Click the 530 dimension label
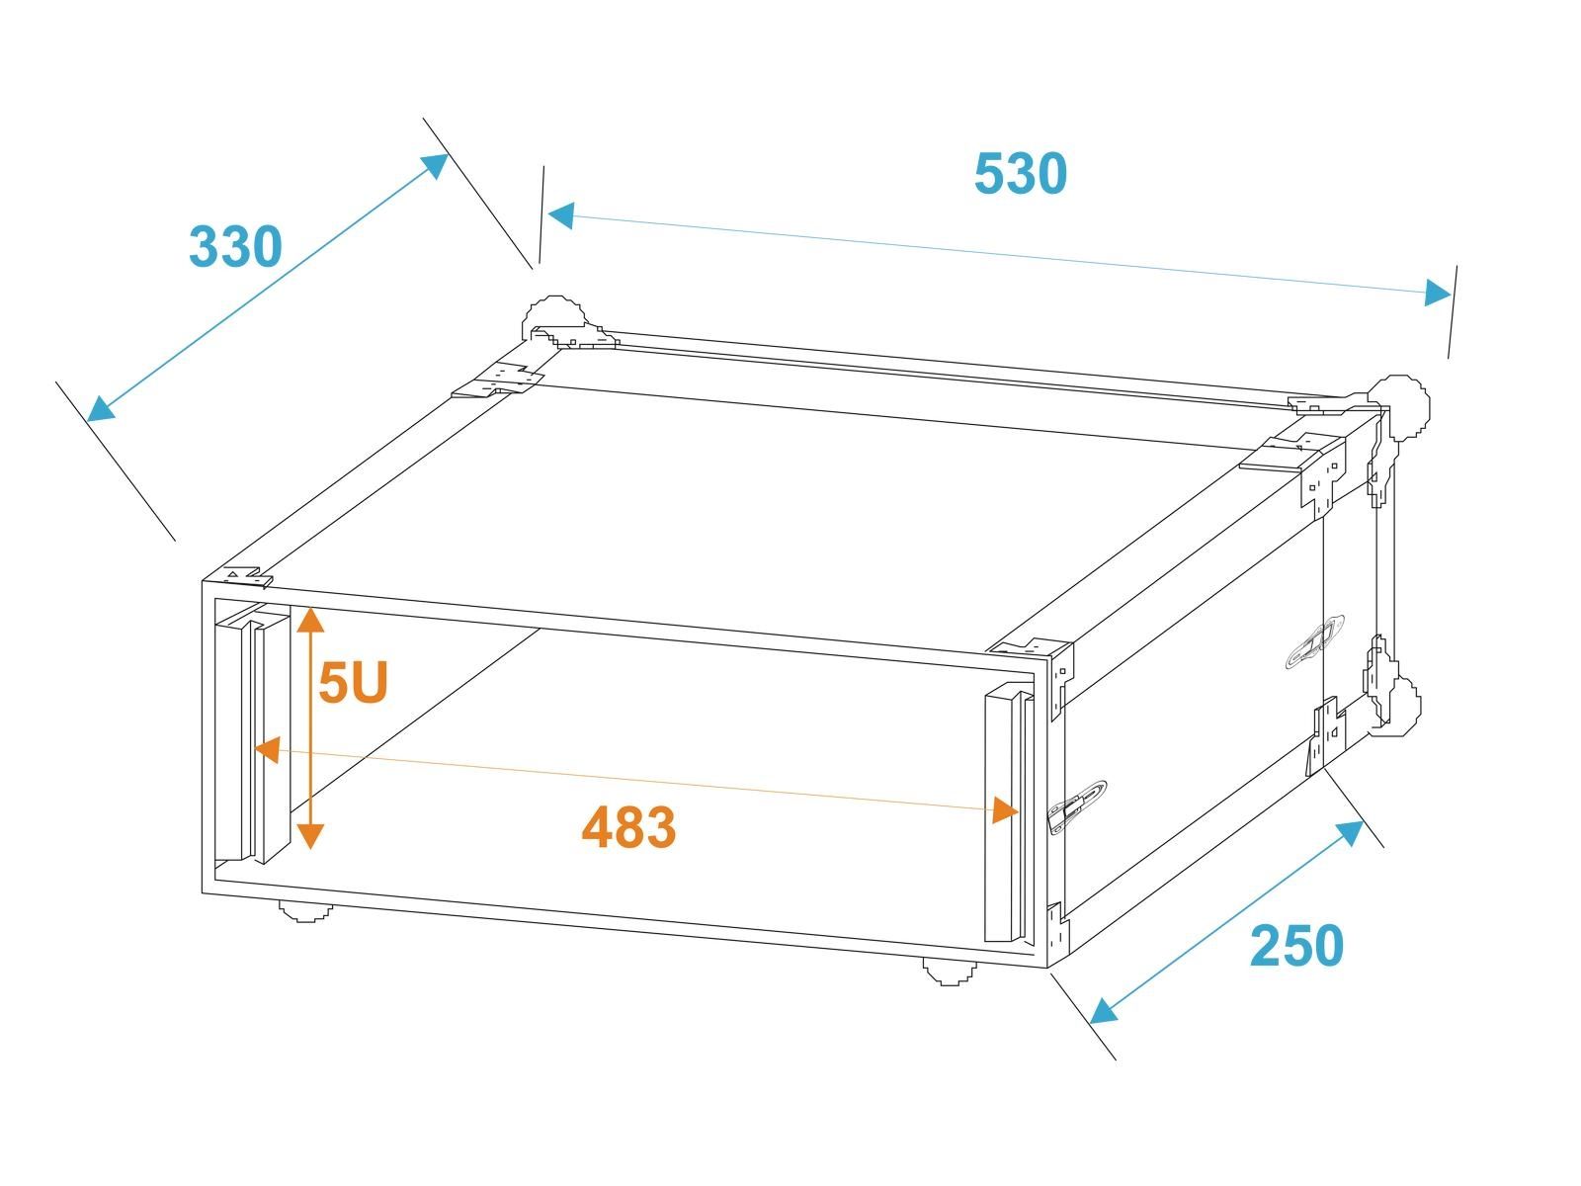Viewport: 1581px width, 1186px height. pos(1020,174)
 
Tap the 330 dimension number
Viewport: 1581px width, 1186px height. pos(235,246)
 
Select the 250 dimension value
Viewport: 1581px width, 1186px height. pos(1296,946)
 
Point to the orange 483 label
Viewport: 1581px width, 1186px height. pos(628,827)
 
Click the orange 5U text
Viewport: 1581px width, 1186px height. pos(353,682)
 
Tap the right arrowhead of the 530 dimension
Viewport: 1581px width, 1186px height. pos(1438,293)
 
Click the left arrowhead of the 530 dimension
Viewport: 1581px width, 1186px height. pos(562,215)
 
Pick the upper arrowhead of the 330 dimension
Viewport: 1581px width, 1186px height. pos(436,166)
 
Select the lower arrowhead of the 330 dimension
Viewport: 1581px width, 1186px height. pos(101,409)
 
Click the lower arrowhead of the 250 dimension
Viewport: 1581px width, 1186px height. pos(1103,1011)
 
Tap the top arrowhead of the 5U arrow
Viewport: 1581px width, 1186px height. pos(310,620)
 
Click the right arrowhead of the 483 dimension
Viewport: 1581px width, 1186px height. pos(1006,810)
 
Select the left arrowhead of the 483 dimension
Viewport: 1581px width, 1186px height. pos(268,750)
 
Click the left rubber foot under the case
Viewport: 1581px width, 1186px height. pos(305,912)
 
